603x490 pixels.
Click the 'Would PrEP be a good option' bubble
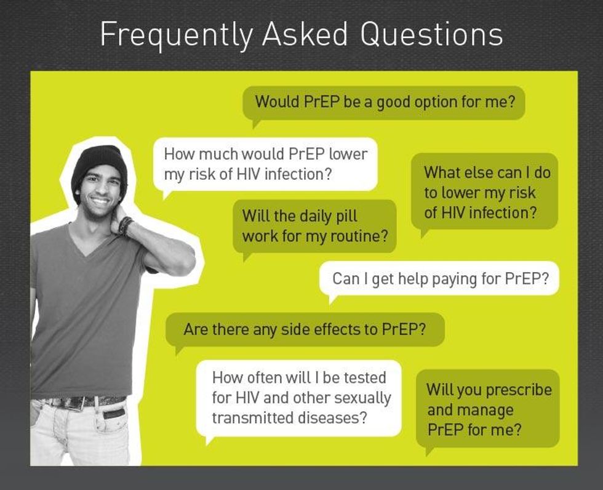tap(384, 102)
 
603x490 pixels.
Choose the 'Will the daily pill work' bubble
tap(314, 226)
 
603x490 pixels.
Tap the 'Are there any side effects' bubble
tap(305, 329)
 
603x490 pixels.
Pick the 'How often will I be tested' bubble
tap(299, 397)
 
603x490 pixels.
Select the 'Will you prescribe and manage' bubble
tap(488, 409)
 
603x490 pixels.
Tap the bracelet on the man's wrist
tap(126, 225)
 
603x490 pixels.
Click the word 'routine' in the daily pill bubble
tap(361, 236)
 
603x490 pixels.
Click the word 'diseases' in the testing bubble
tap(338, 417)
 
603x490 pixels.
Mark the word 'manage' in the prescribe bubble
tap(470, 409)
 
